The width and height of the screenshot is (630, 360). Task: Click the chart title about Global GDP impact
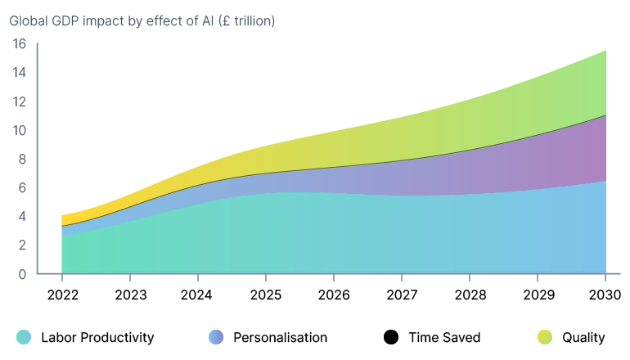142,20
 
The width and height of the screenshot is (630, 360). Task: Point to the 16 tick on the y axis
20,44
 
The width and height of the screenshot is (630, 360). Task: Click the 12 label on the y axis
20,101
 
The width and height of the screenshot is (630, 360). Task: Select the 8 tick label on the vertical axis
23,159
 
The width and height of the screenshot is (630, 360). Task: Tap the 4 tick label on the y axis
23,216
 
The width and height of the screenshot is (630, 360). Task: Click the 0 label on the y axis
23,274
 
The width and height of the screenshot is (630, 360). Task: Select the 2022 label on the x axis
62,295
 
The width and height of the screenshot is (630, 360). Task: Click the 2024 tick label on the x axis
198,295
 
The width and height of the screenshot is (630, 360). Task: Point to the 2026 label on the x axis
334,295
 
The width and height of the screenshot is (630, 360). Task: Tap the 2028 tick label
470,295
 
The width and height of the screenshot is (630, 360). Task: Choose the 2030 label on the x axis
605,295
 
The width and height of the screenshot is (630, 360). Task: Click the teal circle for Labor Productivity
24,337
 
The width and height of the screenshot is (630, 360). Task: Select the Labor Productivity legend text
97,337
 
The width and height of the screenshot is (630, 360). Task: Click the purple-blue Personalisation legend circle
216,337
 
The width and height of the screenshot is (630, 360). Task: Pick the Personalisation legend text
280,337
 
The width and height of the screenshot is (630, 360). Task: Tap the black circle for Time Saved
391,337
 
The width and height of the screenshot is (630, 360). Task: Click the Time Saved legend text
444,337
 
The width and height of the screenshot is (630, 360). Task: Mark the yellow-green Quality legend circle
545,337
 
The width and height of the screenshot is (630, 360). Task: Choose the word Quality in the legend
583,337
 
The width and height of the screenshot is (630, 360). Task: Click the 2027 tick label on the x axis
402,295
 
